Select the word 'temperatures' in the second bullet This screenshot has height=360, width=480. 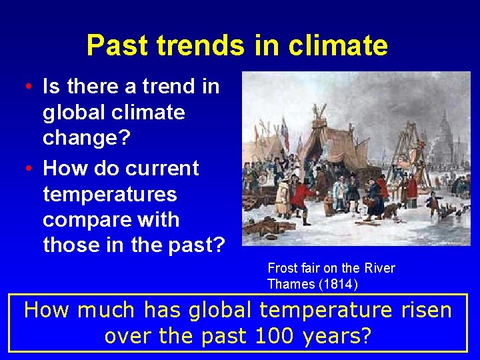[x=110, y=195]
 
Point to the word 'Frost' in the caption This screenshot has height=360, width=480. [x=281, y=268]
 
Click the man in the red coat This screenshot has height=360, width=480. [x=304, y=199]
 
